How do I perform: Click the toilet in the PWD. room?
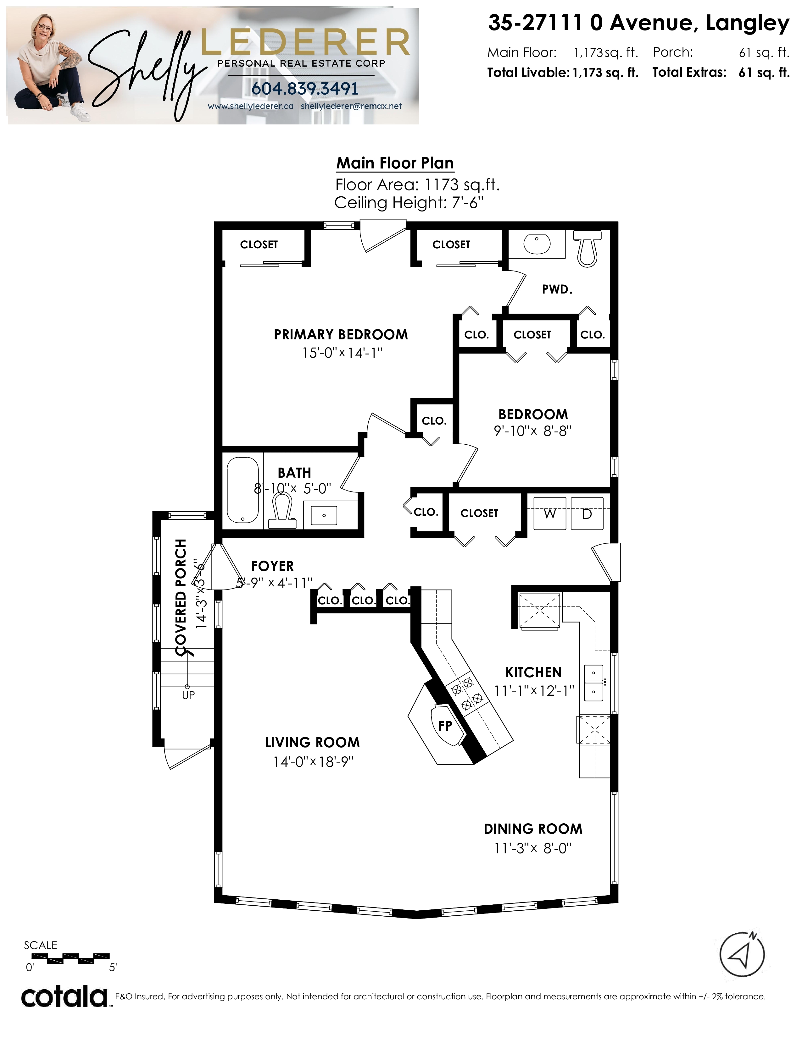point(587,248)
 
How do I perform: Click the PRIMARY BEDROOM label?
point(341,335)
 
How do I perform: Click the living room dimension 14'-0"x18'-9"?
point(313,762)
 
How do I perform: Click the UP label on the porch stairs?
point(188,695)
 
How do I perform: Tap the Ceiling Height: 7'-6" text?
point(409,203)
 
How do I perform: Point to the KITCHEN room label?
point(533,672)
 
